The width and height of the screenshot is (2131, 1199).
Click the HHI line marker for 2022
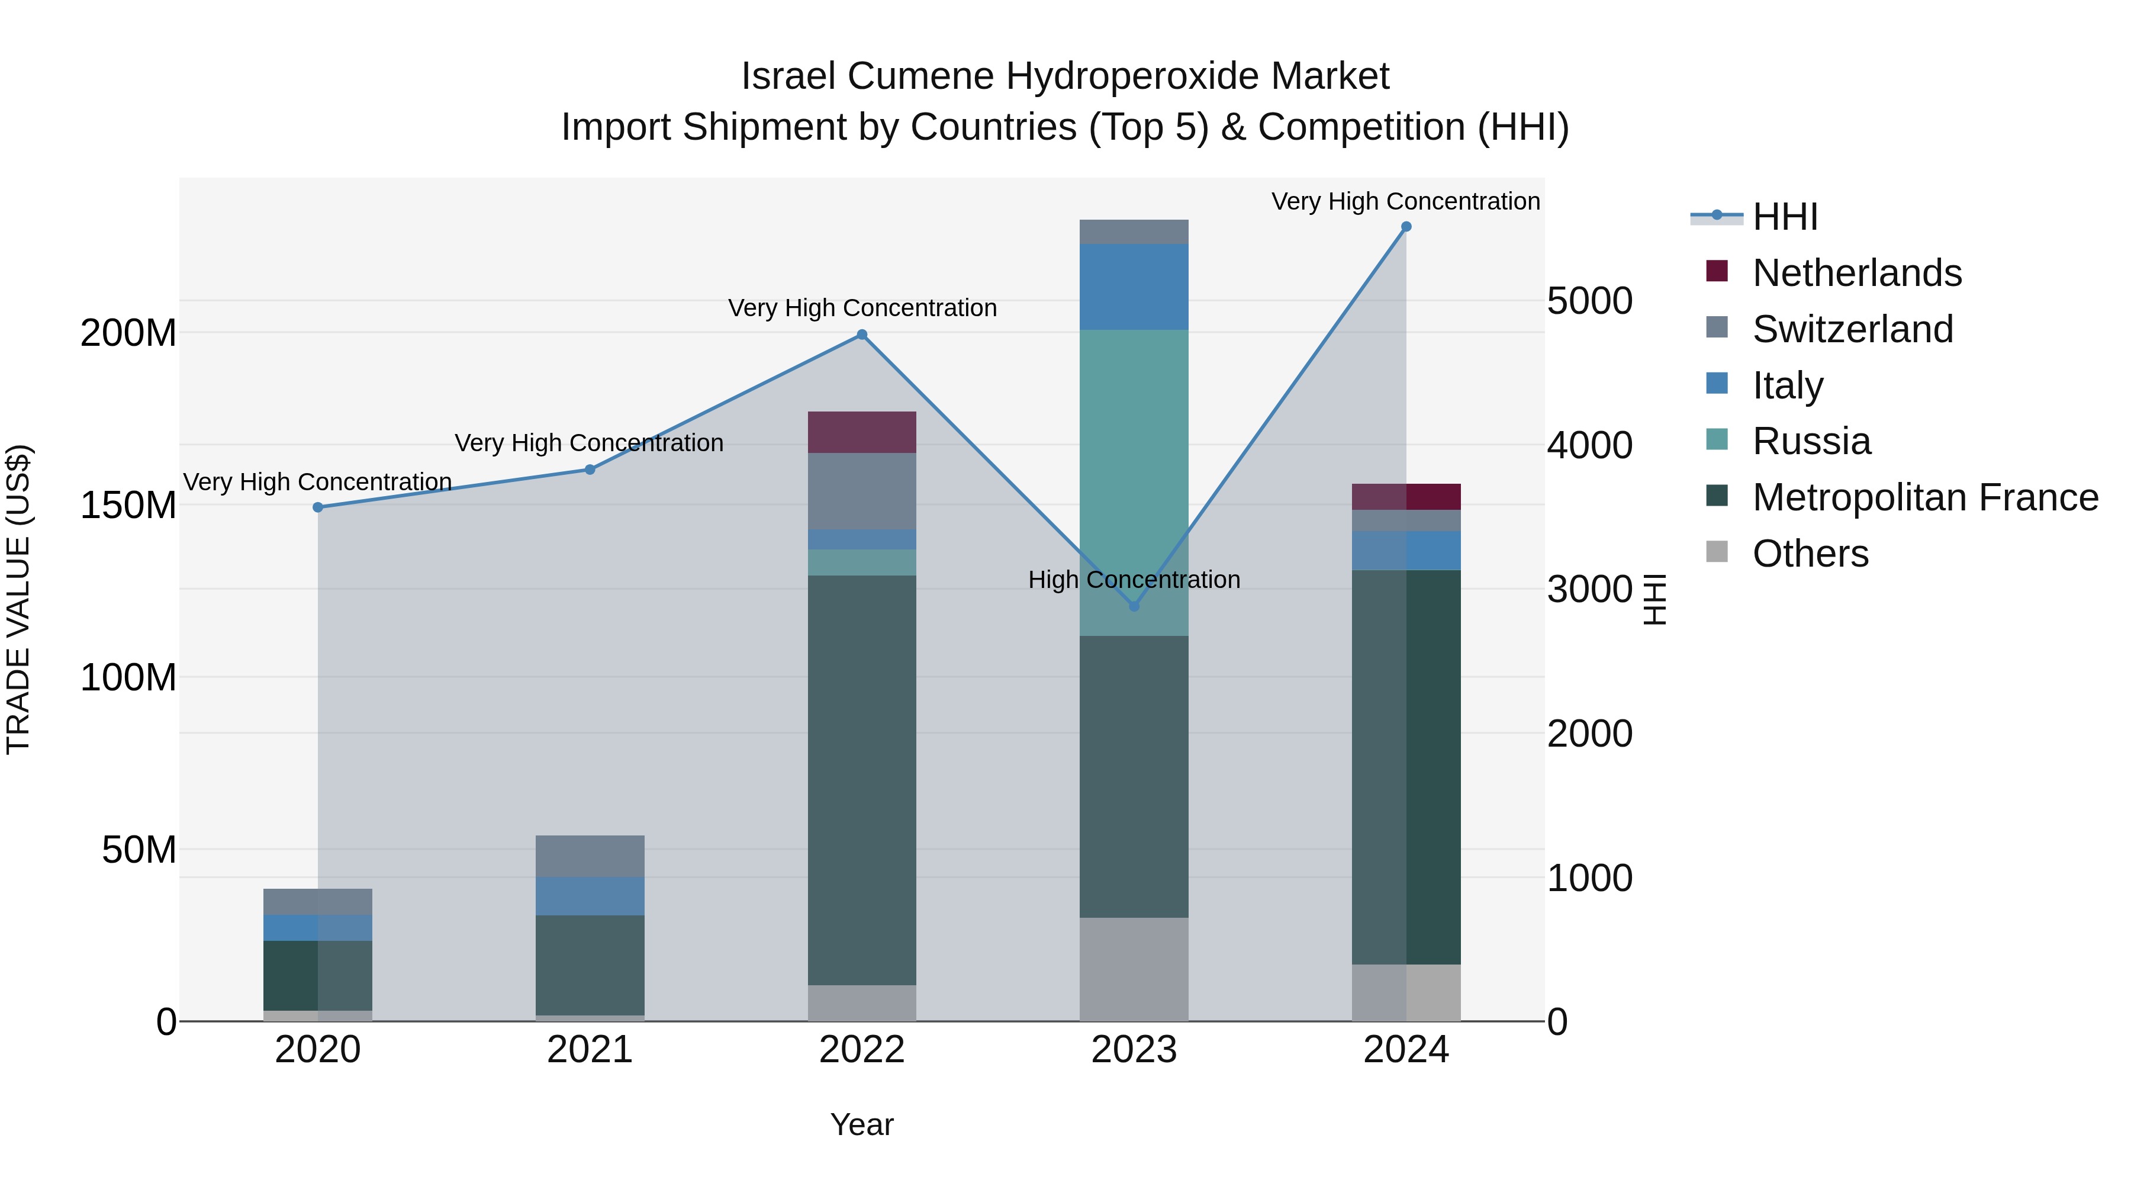[862, 335]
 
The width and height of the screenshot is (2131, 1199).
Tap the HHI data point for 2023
[1134, 606]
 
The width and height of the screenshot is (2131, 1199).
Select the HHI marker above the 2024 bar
[1406, 227]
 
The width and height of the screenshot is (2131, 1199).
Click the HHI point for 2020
[318, 507]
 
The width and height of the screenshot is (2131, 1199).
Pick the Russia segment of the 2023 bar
[1134, 483]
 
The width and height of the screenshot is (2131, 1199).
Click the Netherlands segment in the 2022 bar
[862, 432]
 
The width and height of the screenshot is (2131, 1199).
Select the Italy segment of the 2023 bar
[1134, 287]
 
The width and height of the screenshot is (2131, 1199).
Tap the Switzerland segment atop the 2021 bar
[590, 856]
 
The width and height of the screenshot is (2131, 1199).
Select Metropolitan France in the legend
[1925, 497]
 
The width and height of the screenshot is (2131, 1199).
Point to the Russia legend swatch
[1717, 441]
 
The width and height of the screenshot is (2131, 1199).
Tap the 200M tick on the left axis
[128, 333]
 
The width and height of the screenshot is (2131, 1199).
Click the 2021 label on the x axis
[590, 1050]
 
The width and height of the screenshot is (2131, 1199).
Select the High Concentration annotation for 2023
[1134, 580]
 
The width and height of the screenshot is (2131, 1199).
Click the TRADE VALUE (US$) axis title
[19, 599]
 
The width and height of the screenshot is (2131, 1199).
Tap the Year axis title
[862, 1124]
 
